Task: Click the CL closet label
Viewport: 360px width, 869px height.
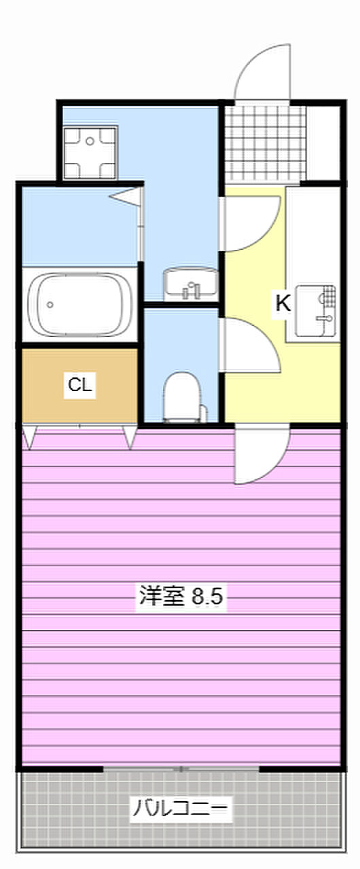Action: tap(80, 385)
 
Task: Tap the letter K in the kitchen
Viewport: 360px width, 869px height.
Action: tap(283, 303)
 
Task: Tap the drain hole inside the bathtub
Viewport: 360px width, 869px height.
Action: tap(50, 305)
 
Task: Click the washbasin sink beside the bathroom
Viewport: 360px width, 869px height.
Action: tap(190, 285)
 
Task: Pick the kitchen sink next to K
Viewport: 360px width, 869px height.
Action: tap(315, 311)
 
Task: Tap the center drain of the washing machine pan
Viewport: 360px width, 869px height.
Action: tap(90, 141)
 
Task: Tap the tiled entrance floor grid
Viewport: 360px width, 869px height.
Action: tap(265, 143)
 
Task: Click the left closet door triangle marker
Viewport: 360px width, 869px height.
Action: tap(29, 437)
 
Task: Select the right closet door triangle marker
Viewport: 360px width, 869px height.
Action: tap(130, 437)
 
